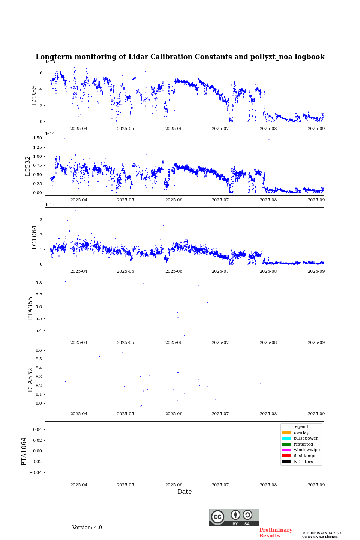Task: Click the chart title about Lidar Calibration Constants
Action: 180,57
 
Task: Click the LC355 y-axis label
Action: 34,95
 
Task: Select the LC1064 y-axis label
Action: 34,237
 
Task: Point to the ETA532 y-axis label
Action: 31,380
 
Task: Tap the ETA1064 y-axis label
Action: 24,451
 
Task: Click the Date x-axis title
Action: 184,492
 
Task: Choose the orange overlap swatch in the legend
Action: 286,432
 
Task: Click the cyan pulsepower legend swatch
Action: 286,438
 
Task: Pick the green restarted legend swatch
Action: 286,444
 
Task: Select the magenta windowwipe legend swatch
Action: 286,450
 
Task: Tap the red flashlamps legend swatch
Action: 286,456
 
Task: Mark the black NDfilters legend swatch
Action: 286,462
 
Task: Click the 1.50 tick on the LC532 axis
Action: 37,138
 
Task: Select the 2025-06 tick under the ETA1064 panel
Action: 174,485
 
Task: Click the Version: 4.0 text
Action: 87,528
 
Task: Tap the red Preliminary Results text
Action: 276,533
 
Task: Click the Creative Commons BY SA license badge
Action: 234,517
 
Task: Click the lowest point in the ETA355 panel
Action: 184,335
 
